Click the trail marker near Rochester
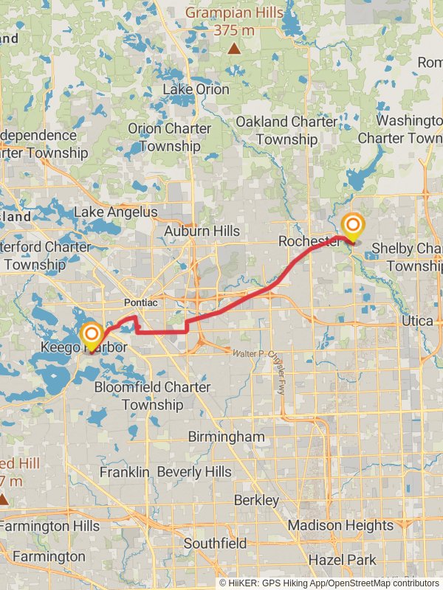354,226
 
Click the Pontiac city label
140,303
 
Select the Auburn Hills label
202,231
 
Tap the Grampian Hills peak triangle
234,49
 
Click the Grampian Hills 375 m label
233,21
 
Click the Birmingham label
226,437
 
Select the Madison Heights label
340,525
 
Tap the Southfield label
216,544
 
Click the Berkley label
256,501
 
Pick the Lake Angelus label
115,212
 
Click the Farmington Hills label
49,527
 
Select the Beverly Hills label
194,471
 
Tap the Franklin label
124,471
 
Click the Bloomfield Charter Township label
153,396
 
